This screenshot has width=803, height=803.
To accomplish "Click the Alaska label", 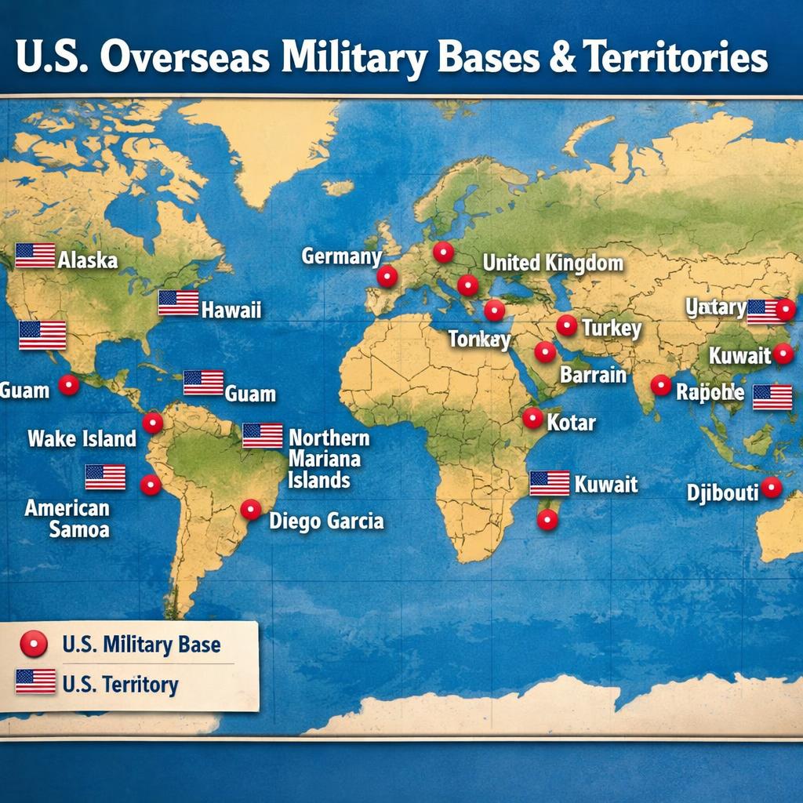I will pyautogui.click(x=87, y=260).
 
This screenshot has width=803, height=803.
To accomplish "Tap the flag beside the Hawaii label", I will pyautogui.click(x=178, y=303).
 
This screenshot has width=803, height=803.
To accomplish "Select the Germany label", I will pyautogui.click(x=341, y=256).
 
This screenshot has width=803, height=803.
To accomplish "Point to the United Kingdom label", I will pyautogui.click(x=553, y=263).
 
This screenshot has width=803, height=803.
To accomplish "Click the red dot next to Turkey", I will pyautogui.click(x=566, y=325).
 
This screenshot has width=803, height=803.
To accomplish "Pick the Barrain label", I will pyautogui.click(x=593, y=374).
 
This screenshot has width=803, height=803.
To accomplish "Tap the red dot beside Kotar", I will pyautogui.click(x=532, y=418).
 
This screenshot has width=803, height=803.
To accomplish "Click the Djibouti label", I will pyautogui.click(x=722, y=492).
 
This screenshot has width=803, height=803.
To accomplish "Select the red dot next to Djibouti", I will pyautogui.click(x=772, y=488).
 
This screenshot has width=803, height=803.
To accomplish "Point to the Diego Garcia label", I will pyautogui.click(x=326, y=520).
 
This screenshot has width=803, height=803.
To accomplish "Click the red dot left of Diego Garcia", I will pyautogui.click(x=250, y=510).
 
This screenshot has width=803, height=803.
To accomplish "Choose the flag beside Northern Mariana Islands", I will pyautogui.click(x=262, y=435).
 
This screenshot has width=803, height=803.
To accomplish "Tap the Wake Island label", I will pyautogui.click(x=82, y=438).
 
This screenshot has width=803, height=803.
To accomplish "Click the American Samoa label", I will pyautogui.click(x=67, y=518).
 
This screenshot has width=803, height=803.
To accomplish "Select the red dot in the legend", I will pyautogui.click(x=35, y=645).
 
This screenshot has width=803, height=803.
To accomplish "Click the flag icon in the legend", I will pyautogui.click(x=35, y=681).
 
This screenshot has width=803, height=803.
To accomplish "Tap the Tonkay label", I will pyautogui.click(x=479, y=340).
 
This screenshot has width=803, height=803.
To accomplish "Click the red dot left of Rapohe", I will pyautogui.click(x=660, y=385).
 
